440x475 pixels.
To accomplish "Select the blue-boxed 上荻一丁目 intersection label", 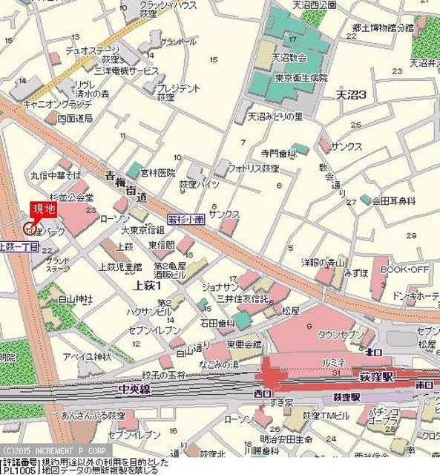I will pos(19,246).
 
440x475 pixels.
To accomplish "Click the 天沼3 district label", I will pos(352,94).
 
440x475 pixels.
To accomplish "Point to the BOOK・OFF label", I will pos(404,269).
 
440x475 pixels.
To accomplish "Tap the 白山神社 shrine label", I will pos(76,298).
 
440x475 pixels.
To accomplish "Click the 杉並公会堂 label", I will pos(73,197).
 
